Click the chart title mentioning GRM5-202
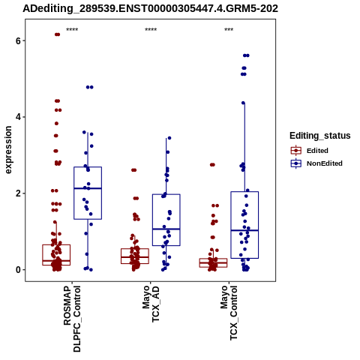pyautogui.click(x=150, y=9)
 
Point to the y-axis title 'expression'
pyautogui.click(x=8, y=150)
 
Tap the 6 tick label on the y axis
pyautogui.click(x=18, y=40)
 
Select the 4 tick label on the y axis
pyautogui.click(x=18, y=117)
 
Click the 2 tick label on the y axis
pyautogui.click(x=18, y=193)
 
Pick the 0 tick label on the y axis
pyautogui.click(x=18, y=270)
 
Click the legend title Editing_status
pyautogui.click(x=320, y=136)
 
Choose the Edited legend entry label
pyautogui.click(x=317, y=151)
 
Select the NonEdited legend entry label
pyautogui.click(x=325, y=163)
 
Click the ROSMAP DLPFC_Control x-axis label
pyautogui.click(x=72, y=319)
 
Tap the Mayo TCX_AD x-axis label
pyautogui.click(x=151, y=304)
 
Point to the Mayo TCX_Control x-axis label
pyautogui.click(x=229, y=313)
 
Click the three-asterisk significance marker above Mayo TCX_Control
pyautogui.click(x=229, y=30)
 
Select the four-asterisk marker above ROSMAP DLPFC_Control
pyautogui.click(x=72, y=30)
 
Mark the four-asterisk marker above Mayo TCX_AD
pyautogui.click(x=151, y=30)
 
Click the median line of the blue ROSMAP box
pyautogui.click(x=88, y=188)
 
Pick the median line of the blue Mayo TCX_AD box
pyautogui.click(x=166, y=229)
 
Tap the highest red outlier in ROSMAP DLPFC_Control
pyautogui.click(x=57, y=34)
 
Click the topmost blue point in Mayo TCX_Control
pyautogui.click(x=246, y=55)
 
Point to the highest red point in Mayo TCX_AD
pyautogui.click(x=134, y=170)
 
